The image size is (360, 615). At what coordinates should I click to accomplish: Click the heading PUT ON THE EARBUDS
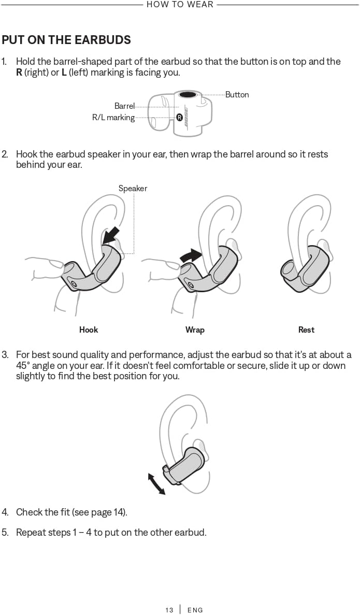click(66, 40)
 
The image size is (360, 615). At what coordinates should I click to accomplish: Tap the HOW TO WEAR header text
click(180, 5)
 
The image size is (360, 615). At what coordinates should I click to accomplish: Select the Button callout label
click(237, 95)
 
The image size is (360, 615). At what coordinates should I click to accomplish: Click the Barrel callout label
click(124, 106)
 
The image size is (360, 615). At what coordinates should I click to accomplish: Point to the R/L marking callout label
click(113, 118)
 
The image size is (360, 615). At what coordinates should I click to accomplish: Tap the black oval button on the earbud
click(188, 95)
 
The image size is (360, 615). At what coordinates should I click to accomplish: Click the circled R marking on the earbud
click(179, 118)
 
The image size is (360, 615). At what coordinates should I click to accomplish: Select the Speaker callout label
click(133, 189)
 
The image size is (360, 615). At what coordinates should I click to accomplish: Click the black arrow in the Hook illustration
click(111, 235)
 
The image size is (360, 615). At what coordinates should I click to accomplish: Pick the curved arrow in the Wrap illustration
click(190, 255)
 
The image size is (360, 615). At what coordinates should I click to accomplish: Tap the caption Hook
click(89, 330)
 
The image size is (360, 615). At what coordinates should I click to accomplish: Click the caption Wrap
click(195, 330)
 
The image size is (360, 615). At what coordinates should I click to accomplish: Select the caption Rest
click(306, 330)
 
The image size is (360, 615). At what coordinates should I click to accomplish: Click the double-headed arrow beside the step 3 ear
click(156, 484)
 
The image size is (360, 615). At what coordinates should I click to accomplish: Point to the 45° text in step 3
click(24, 366)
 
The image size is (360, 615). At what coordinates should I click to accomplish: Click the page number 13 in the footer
click(169, 610)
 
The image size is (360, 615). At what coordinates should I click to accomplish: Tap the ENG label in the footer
click(195, 610)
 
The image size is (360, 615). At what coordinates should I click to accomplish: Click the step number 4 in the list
click(5, 512)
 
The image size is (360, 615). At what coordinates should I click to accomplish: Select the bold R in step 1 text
click(19, 73)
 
